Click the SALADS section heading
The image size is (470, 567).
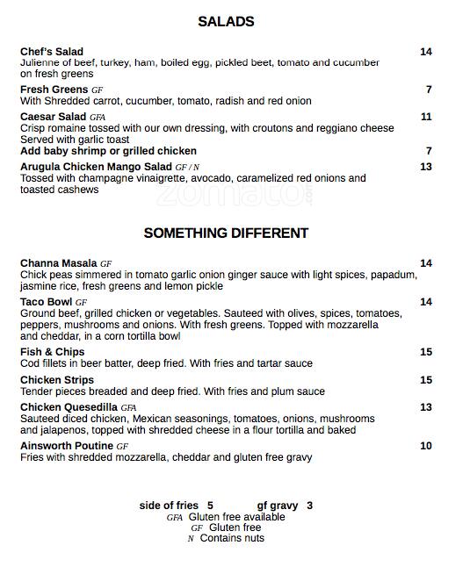point(226,22)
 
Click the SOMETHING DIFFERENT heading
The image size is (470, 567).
point(226,233)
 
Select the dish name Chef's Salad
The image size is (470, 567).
point(52,52)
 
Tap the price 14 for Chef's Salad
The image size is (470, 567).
point(426,52)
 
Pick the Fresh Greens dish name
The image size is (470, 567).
point(54,90)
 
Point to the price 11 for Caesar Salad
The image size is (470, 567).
point(426,117)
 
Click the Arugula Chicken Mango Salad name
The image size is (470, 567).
point(96,167)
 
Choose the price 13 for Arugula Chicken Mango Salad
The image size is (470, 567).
point(426,167)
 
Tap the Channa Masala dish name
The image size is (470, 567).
point(59,263)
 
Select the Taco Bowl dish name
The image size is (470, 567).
point(47,302)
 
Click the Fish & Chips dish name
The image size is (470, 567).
point(52,352)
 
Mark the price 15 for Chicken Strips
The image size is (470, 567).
point(426,380)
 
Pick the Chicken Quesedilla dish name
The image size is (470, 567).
point(69,407)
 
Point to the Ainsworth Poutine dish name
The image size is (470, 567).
point(67,446)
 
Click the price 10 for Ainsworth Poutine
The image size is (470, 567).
point(426,446)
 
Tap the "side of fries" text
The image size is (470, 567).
point(169,506)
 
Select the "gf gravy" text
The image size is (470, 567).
point(278,506)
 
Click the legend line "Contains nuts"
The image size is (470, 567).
point(232,538)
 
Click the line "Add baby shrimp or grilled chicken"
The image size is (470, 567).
point(108,151)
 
